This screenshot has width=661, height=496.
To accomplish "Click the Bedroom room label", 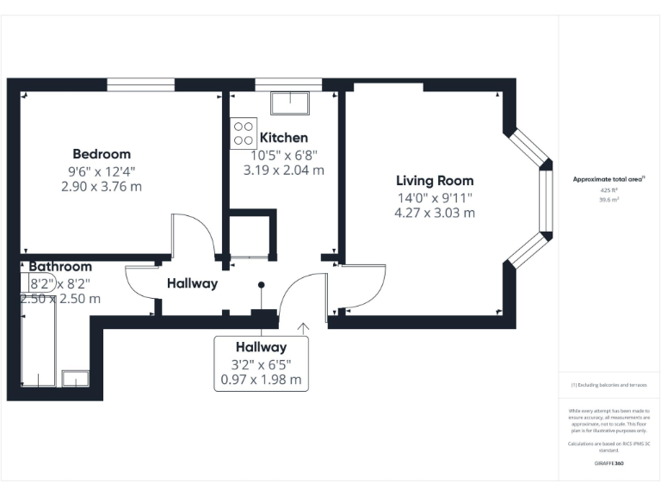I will pyautogui.click(x=102, y=154).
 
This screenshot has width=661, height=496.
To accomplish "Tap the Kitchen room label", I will pyautogui.click(x=283, y=138).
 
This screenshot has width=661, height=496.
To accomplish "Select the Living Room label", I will pyautogui.click(x=435, y=181).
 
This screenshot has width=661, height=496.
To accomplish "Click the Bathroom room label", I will pyautogui.click(x=60, y=267).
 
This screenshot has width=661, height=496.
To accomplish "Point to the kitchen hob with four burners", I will pyautogui.click(x=243, y=133).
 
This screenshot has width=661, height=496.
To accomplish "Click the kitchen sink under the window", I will pyautogui.click(x=291, y=104).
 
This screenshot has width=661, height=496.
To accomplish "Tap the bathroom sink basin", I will pyautogui.click(x=75, y=378).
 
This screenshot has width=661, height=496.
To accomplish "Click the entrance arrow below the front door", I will pyautogui.click(x=302, y=328).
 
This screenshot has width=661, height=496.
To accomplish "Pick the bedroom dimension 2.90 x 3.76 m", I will pyautogui.click(x=102, y=186).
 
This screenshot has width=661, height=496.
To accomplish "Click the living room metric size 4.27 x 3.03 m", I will pyautogui.click(x=435, y=213).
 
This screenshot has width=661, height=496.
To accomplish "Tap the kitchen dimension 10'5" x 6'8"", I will pyautogui.click(x=283, y=155).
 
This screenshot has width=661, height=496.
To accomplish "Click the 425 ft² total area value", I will pyautogui.click(x=608, y=189).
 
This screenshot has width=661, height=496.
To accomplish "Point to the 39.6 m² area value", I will pyautogui.click(x=608, y=199).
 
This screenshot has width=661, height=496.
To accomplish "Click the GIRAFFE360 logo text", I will pyautogui.click(x=608, y=463).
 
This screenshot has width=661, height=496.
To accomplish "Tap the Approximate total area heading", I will pyautogui.click(x=608, y=179).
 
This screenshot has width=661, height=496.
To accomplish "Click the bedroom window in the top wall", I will pyautogui.click(x=140, y=85).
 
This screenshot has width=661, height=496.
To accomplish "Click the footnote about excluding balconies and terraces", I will pyautogui.click(x=608, y=385).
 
